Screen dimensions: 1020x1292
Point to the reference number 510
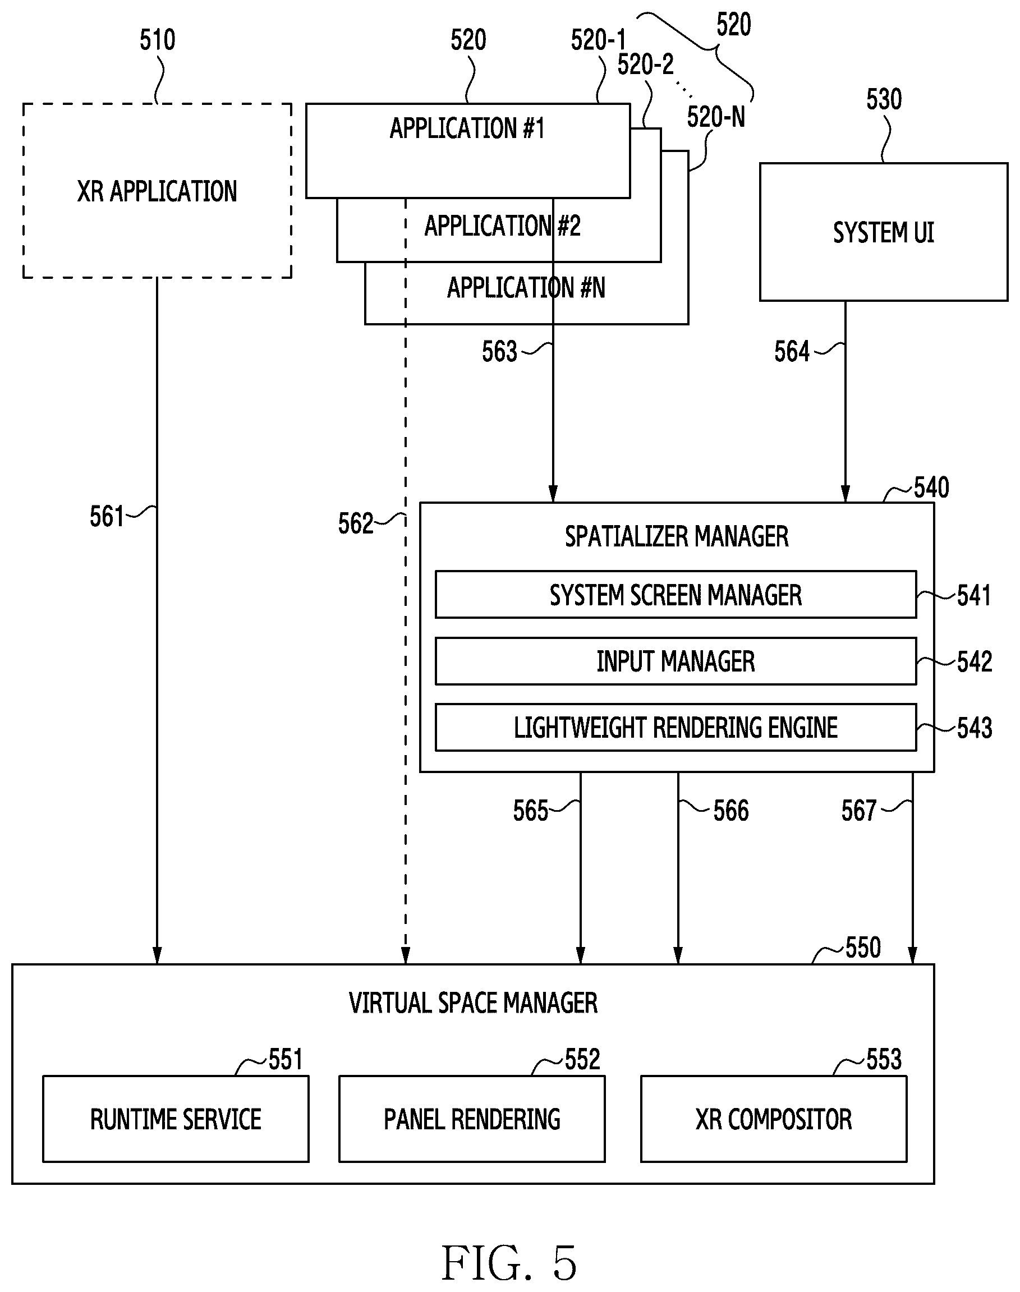click(158, 40)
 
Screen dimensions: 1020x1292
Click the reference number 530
click(884, 99)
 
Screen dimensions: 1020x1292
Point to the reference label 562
click(355, 523)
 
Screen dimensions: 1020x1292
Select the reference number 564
click(792, 351)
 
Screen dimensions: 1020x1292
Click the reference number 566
click(731, 810)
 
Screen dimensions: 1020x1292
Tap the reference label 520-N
click(716, 117)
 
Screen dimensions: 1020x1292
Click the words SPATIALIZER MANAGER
click(677, 536)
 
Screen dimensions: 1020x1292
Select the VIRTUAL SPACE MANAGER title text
click(473, 1003)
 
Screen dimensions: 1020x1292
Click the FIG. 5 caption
click(509, 1263)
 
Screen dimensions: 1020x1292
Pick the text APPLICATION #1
click(467, 128)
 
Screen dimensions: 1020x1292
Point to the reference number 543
click(974, 728)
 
